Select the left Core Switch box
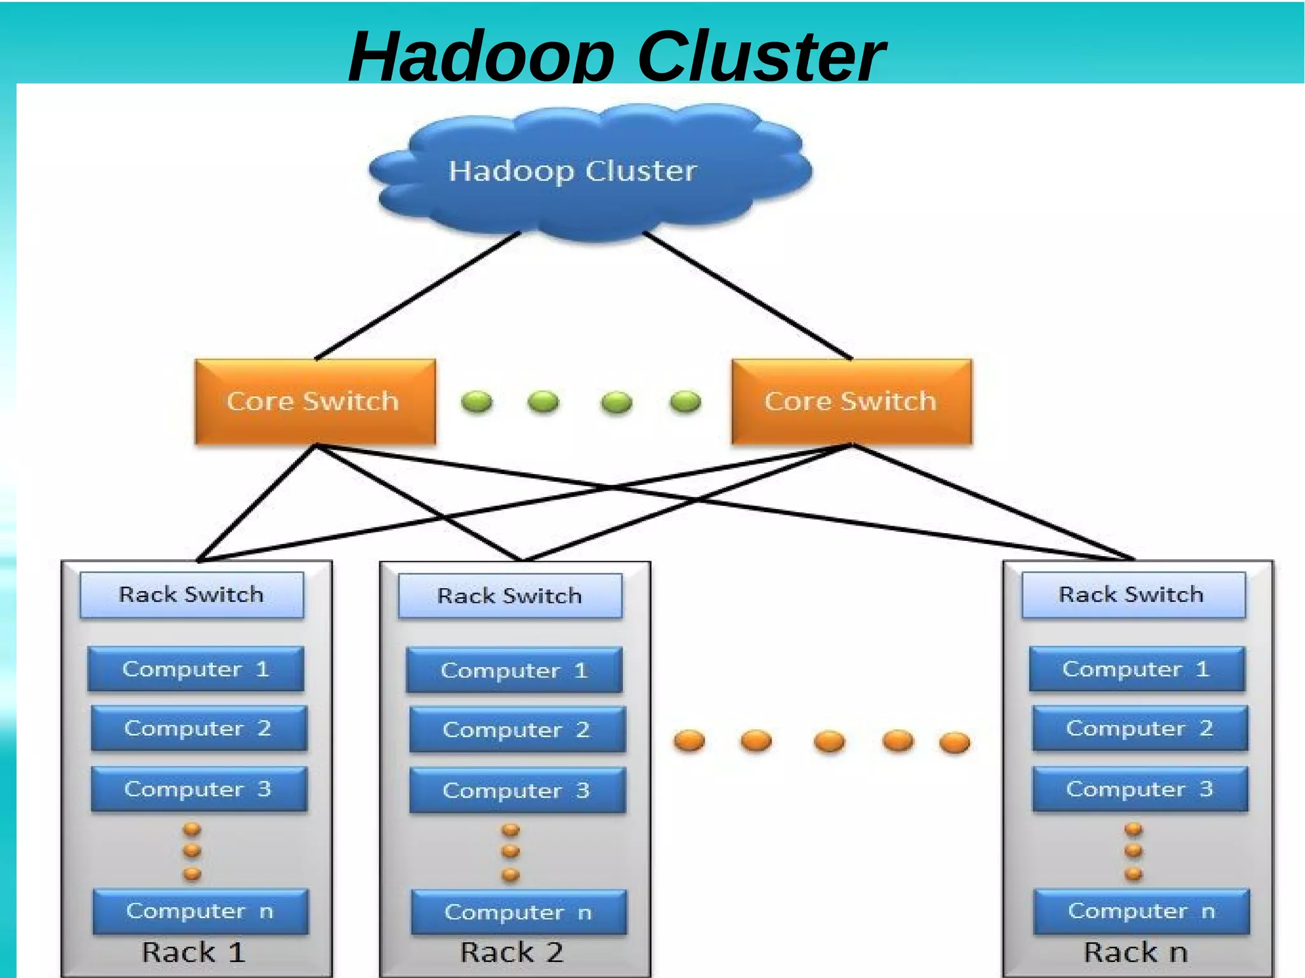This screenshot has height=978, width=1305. tap(315, 401)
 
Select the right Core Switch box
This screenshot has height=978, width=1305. tap(852, 401)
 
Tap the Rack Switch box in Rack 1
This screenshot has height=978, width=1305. tap(191, 595)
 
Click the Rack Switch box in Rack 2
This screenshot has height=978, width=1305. tap(510, 596)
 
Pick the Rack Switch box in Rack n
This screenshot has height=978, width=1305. tap(1132, 595)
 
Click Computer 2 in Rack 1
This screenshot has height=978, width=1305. tap(198, 728)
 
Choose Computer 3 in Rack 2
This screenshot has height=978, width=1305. tap(517, 791)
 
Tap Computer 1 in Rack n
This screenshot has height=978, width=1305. tap(1136, 669)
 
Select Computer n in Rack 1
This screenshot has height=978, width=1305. tap(200, 911)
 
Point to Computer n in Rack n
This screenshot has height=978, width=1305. tap(1141, 911)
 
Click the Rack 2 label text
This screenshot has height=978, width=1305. tap(512, 953)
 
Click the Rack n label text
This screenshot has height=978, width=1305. tap(1136, 953)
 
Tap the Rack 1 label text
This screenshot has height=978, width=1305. tap(193, 953)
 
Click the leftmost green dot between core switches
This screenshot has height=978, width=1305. tap(476, 402)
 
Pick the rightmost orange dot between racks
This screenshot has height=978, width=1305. tap(955, 743)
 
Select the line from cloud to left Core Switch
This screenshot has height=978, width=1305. tap(417, 296)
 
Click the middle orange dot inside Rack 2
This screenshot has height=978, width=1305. tap(510, 852)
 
